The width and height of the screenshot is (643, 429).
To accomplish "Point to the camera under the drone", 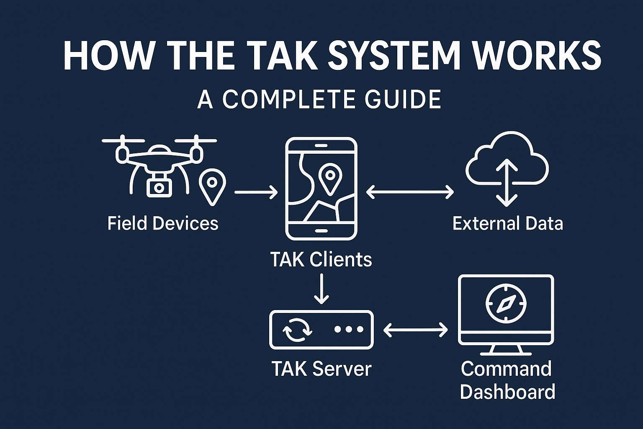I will (159, 186).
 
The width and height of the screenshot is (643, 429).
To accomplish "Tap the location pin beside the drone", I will (212, 186).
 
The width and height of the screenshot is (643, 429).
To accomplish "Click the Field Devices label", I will (163, 223).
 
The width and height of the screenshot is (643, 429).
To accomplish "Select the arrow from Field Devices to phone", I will (256, 192).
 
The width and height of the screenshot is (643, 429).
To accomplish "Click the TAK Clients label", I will (321, 259).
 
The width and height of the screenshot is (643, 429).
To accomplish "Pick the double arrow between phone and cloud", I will (410, 192).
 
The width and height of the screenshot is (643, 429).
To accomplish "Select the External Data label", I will (507, 223).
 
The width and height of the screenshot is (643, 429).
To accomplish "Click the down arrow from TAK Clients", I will (321, 289).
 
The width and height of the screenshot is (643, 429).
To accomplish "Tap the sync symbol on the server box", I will (297, 329).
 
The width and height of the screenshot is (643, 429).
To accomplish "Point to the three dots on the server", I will (349, 329).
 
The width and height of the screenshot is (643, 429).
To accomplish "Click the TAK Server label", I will (321, 369).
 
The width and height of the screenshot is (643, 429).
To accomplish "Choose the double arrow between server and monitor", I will (415, 330).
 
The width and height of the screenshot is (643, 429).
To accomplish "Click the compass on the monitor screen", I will (506, 303).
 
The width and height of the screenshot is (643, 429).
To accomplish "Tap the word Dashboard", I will (507, 392).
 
